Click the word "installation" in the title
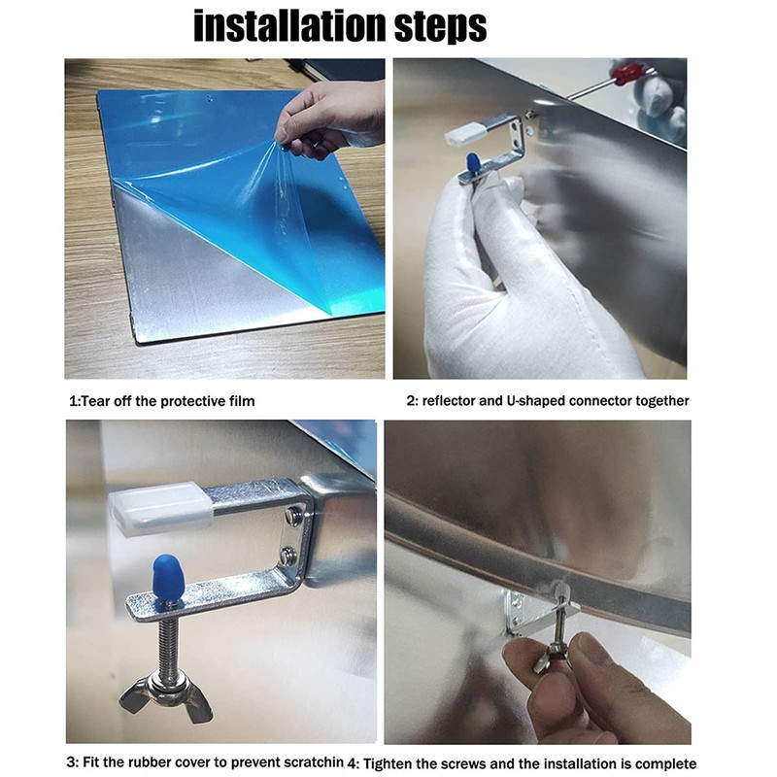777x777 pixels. click(289, 26)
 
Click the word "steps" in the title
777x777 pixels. click(441, 27)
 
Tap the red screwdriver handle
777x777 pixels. click(625, 75)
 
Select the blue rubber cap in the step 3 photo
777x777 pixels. click(166, 576)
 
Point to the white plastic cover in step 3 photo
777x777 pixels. click(161, 508)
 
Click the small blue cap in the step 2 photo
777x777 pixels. click(473, 162)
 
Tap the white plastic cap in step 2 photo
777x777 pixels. click(463, 136)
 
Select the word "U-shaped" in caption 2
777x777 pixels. click(535, 400)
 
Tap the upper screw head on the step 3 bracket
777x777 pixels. click(292, 516)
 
